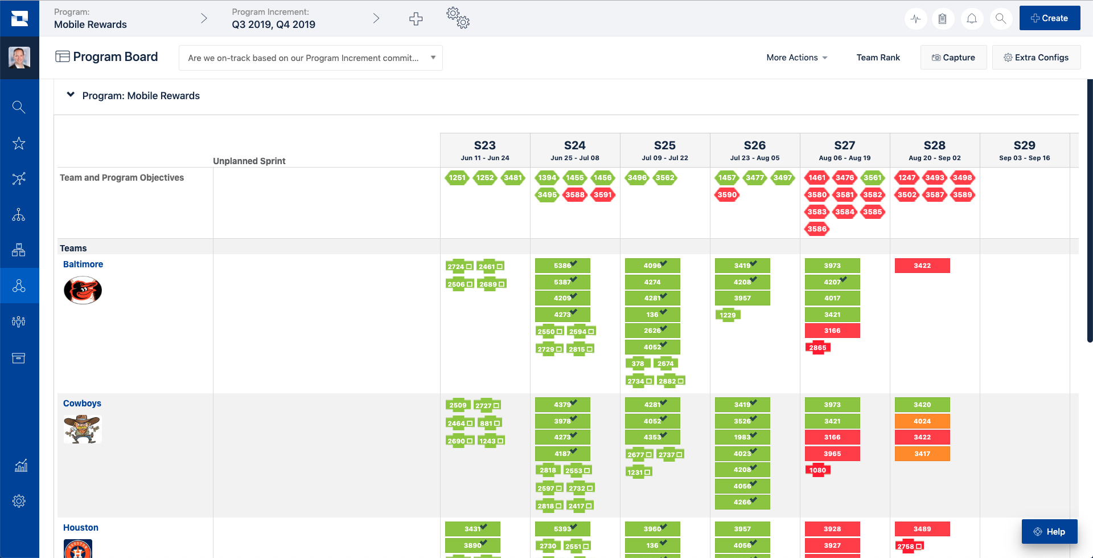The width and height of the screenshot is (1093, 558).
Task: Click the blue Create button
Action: (x=1049, y=18)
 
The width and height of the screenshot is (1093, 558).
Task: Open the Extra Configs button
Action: (x=1036, y=58)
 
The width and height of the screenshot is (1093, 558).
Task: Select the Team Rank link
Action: (x=878, y=58)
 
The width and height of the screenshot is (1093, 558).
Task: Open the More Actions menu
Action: (x=796, y=58)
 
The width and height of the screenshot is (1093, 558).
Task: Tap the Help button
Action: (x=1049, y=531)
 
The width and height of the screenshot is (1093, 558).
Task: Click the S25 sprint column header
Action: (x=664, y=150)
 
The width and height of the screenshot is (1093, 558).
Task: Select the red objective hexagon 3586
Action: (x=816, y=229)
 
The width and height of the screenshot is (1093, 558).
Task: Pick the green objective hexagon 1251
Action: (x=457, y=178)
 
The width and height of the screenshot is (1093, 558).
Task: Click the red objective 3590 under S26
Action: (x=727, y=195)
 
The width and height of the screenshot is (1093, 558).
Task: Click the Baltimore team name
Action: (x=83, y=264)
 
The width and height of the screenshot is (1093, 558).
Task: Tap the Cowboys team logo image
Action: (x=83, y=429)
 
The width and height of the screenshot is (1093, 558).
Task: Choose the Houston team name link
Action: (x=81, y=528)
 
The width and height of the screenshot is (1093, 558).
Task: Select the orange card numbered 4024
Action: (x=922, y=421)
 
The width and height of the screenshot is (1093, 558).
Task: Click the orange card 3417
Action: (x=922, y=454)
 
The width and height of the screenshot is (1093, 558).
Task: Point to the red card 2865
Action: (x=817, y=348)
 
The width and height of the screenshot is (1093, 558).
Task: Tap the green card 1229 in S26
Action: (x=728, y=315)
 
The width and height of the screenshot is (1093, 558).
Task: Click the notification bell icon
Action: (x=972, y=19)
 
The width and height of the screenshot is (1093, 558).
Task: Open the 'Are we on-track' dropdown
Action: (x=310, y=58)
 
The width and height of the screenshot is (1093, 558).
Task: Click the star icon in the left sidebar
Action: (x=19, y=143)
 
